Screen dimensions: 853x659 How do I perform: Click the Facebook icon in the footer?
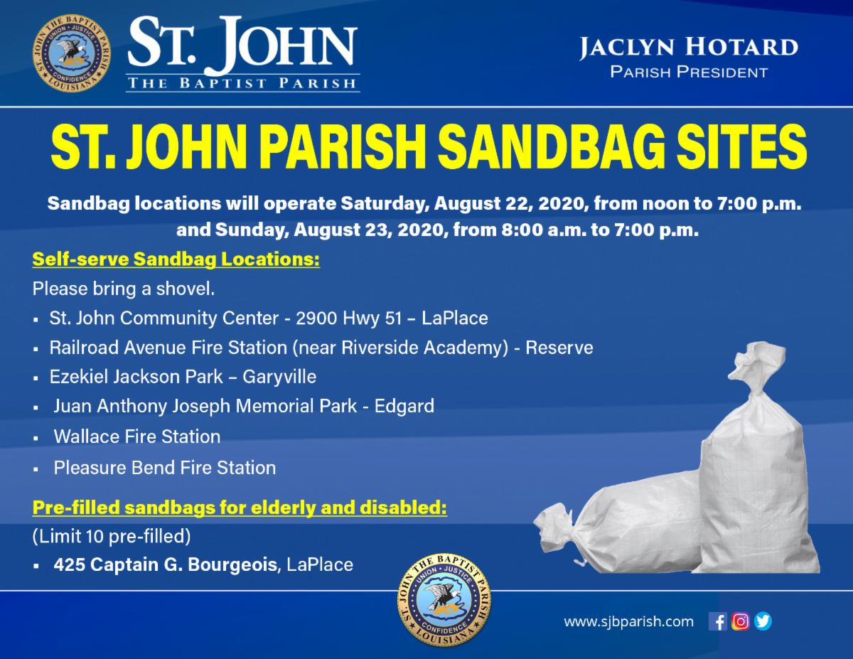[x=717, y=622]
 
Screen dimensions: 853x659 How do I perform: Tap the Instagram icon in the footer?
[x=741, y=622]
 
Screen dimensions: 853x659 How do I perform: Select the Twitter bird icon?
[x=763, y=622]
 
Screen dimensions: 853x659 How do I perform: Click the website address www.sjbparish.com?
[x=628, y=622]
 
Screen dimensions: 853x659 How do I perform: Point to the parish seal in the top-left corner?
[x=72, y=53]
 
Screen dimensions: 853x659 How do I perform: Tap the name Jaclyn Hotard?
[x=689, y=48]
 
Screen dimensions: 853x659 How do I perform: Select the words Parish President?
[x=689, y=73]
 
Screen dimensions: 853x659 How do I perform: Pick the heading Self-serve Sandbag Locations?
[x=176, y=259]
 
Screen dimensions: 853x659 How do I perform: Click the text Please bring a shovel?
[x=124, y=289]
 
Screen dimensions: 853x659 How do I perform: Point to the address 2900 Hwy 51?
[x=349, y=318]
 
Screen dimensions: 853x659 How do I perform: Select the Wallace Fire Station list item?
[x=137, y=436]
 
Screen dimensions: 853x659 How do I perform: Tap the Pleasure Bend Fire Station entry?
[x=165, y=468]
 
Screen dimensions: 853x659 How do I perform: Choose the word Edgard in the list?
[x=404, y=406]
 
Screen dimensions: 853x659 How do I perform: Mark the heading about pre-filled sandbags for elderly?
[x=240, y=508]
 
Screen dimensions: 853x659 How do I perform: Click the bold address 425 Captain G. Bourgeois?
[x=166, y=565]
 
